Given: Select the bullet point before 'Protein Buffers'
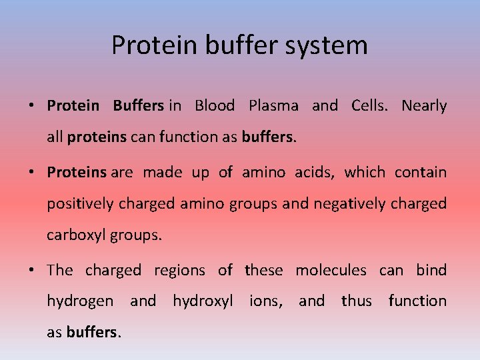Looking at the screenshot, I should coord(31,106).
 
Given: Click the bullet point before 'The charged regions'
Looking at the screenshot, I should coord(31,271).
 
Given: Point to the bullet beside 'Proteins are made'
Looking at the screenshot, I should coord(31,173).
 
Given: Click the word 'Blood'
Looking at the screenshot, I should coord(214,105).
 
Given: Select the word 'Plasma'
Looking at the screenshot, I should coord(273,105).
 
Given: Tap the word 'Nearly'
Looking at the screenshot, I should coord(424,105).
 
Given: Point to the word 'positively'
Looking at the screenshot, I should coord(80,203).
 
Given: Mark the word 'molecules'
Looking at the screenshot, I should coord(331,270).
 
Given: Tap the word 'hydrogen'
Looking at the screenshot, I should coord(80,301).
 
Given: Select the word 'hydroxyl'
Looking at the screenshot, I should coord(203,301).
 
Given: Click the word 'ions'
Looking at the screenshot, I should coord(265,301).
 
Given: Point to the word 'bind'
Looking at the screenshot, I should coord(431,270).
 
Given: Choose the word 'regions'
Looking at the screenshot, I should coord(179,271).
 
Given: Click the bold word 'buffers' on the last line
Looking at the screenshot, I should coord(93,332).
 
